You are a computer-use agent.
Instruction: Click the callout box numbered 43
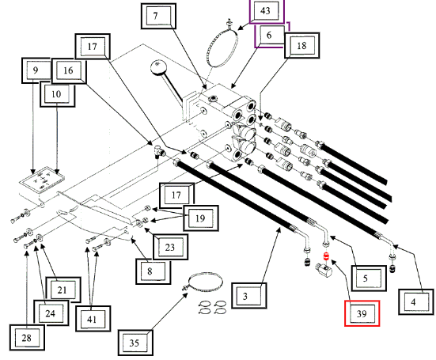pos(267,11)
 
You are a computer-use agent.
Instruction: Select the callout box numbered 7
pos(158,16)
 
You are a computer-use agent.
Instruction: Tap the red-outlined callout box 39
pos(362,313)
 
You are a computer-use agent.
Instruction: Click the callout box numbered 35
pos(135,343)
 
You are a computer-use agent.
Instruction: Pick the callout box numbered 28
pos(27,338)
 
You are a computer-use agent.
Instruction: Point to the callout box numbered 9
pos(36,70)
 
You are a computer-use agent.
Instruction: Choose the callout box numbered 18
pos(301,45)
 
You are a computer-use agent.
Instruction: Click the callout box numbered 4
pos(416,302)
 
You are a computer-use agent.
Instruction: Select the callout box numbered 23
pos(170,247)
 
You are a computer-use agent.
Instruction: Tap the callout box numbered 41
pos(93,319)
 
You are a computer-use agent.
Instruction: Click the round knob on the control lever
pos(158,67)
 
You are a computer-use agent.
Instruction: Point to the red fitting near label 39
pos(326,256)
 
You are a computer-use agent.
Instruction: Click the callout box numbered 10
pos(57,94)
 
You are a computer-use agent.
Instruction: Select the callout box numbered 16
pos(69,70)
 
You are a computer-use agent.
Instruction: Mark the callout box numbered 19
pos(201,218)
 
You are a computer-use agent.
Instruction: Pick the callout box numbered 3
pos(249,296)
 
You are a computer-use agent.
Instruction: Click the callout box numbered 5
pos(369,279)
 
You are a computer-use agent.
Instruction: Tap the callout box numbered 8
pos(154,271)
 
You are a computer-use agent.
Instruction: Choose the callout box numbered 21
pos(63,290)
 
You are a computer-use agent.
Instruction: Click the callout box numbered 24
pos(51,313)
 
